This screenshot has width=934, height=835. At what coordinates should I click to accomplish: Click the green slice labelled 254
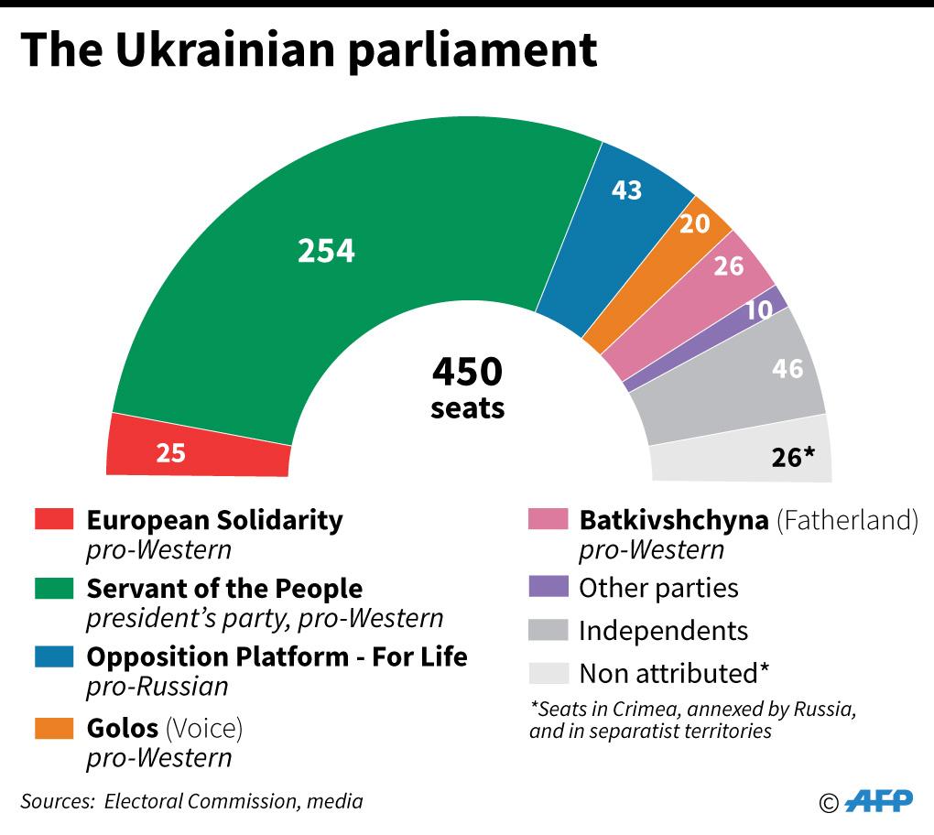[x=327, y=250]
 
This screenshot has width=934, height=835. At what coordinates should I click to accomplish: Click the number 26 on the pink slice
[x=729, y=266]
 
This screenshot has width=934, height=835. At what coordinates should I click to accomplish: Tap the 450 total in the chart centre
[x=467, y=372]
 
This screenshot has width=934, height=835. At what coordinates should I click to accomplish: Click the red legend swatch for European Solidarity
[x=54, y=519]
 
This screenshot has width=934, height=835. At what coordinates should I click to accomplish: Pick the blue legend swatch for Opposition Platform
[x=54, y=656]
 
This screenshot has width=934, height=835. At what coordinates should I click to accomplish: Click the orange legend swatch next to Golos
[x=54, y=728]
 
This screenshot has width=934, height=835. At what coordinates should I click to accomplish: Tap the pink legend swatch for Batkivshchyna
[x=548, y=519]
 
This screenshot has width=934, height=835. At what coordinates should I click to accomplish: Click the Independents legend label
[x=663, y=630]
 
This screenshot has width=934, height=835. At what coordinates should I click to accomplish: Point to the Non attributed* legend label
[x=673, y=674]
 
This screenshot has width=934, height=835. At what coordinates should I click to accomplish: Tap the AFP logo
[x=877, y=801]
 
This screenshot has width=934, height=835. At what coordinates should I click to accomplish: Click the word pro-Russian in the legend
[x=157, y=686]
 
